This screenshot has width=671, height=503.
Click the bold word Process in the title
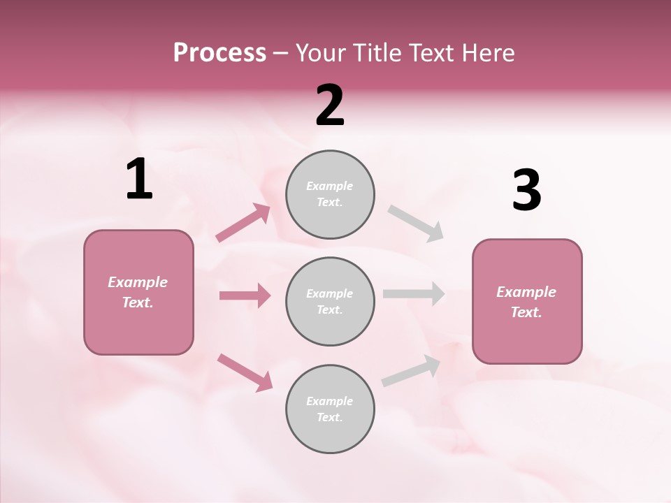coord(219,53)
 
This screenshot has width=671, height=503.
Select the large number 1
coord(139,180)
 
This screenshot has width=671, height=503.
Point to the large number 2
coord(330,105)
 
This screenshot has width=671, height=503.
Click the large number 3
coord(526,191)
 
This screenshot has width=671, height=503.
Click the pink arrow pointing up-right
coord(243,223)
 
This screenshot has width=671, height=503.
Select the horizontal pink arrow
coord(245,296)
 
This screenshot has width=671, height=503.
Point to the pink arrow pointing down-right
coord(245,372)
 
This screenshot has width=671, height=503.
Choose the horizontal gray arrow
coord(413,293)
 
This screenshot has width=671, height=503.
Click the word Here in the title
coord(488,53)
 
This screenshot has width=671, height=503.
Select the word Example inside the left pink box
coord(138,282)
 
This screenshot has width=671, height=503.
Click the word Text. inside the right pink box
coord(526,312)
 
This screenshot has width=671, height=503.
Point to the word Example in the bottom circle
coord(330,401)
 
